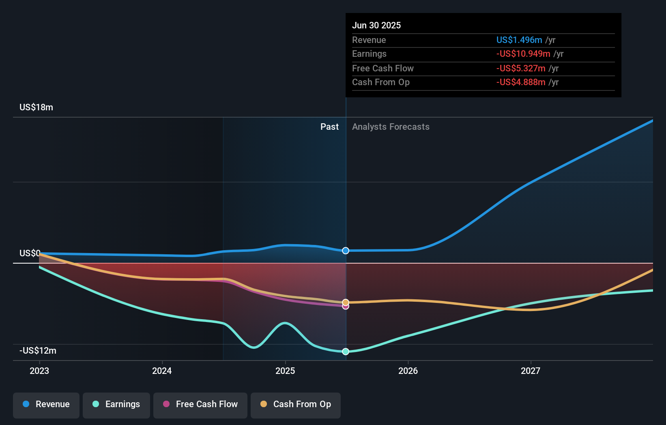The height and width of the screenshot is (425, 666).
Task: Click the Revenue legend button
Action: [x=46, y=404]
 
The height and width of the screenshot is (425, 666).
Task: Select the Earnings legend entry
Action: [x=116, y=404]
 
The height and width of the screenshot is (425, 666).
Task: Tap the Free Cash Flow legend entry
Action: [x=200, y=404]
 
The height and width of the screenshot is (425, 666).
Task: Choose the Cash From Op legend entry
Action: [x=296, y=404]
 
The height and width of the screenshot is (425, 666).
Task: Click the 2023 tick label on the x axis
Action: [x=39, y=371]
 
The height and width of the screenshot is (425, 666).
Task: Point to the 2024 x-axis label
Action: [x=162, y=371]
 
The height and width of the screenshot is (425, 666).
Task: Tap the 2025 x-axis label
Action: [x=285, y=371]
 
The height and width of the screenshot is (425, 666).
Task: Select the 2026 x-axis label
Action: [x=408, y=371]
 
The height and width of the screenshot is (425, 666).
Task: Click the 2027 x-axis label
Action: [x=531, y=371]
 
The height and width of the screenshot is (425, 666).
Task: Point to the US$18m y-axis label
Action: [x=36, y=107]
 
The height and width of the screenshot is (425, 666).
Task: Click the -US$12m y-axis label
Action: [x=38, y=350]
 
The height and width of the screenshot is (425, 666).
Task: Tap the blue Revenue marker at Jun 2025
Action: [x=346, y=251]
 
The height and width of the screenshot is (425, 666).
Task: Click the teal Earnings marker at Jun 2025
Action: [x=346, y=352]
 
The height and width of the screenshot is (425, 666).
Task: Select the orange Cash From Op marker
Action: [x=346, y=302]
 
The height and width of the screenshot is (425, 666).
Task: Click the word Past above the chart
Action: [x=329, y=127]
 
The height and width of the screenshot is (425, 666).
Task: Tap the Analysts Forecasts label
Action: [x=391, y=127]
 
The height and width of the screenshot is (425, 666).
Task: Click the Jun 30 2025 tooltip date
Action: [x=376, y=25]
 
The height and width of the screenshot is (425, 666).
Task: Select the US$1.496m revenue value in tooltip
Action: [x=519, y=40]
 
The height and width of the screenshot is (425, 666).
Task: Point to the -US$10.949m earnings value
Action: [x=523, y=54]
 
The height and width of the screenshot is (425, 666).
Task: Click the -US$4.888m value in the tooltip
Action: [x=521, y=82]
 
